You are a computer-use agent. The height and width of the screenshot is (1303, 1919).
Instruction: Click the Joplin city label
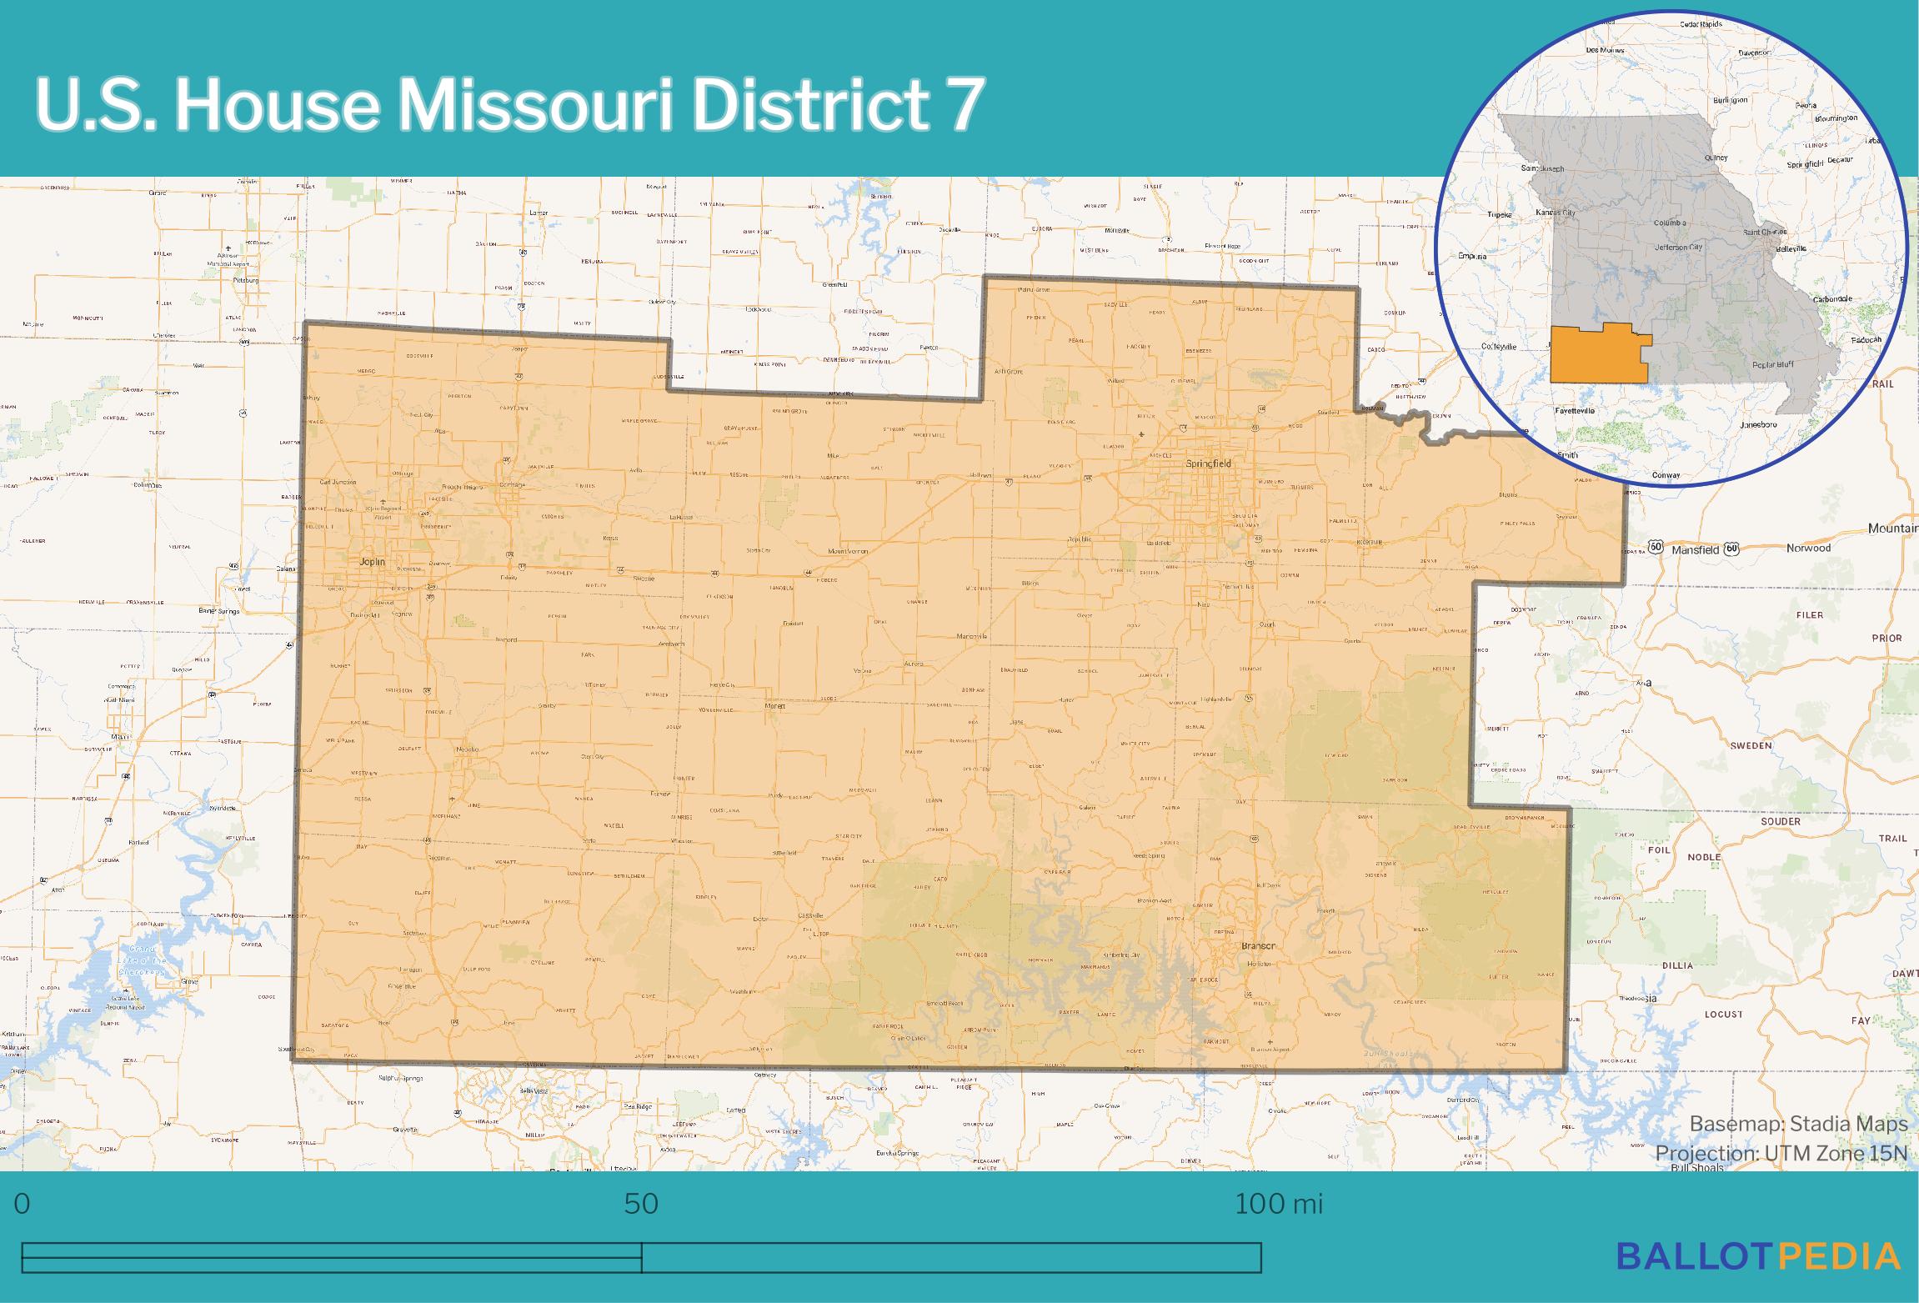pos(372,562)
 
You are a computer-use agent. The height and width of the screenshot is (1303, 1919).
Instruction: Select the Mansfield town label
pos(1689,549)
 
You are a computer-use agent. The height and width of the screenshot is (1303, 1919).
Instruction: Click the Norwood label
pos(1808,548)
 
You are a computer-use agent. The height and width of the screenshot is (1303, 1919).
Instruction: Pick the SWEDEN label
pos(1750,745)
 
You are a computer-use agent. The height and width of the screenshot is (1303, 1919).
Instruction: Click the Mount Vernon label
pos(849,552)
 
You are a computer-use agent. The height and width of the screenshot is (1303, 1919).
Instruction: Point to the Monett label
pos(775,706)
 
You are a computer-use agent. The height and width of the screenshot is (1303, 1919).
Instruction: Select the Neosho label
pos(467,749)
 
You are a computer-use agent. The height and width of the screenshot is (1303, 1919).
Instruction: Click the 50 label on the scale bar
pos(641,1204)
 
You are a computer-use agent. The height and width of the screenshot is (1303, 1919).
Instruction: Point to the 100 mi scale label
pos(1278,1204)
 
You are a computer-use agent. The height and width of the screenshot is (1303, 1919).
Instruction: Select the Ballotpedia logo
pos(1759,1256)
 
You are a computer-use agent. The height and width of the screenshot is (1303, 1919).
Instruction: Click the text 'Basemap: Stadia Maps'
pos(1798,1124)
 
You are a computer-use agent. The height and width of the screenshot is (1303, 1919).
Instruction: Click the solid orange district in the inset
pos(1596,354)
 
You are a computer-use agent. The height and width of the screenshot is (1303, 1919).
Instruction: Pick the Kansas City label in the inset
pos(1556,213)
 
